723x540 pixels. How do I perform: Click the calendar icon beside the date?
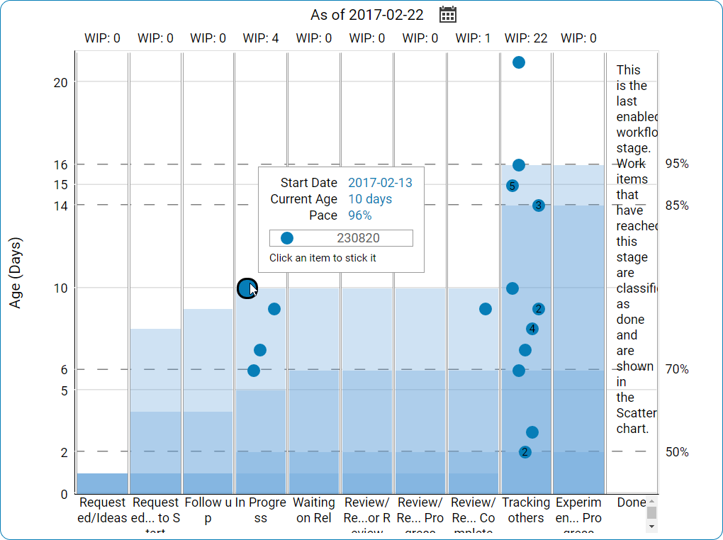pyautogui.click(x=448, y=14)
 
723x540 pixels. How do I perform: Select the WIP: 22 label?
pyautogui.click(x=526, y=38)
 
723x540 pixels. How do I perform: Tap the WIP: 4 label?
pyautogui.click(x=261, y=38)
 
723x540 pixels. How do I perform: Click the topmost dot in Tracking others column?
pyautogui.click(x=519, y=62)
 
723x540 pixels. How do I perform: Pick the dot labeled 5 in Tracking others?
pyautogui.click(x=512, y=186)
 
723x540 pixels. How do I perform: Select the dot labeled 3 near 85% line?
pyautogui.click(x=539, y=206)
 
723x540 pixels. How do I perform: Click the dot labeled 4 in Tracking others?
pyautogui.click(x=532, y=329)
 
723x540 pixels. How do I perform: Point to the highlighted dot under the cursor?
pyautogui.click(x=246, y=288)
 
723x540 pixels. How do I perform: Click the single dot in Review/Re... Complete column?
pyautogui.click(x=486, y=309)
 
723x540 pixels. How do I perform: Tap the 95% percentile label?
pyautogui.click(x=677, y=164)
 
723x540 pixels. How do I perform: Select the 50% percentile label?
pyautogui.click(x=677, y=452)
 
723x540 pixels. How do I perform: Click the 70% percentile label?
pyautogui.click(x=677, y=369)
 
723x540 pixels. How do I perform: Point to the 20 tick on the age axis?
pyautogui.click(x=60, y=82)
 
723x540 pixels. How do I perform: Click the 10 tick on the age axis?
pyautogui.click(x=60, y=288)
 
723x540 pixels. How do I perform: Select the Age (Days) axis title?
pyautogui.click(x=16, y=272)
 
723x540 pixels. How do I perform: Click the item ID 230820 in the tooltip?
pyautogui.click(x=357, y=238)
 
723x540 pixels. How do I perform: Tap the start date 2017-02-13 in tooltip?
pyautogui.click(x=380, y=183)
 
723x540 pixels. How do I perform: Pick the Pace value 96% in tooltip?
pyautogui.click(x=360, y=215)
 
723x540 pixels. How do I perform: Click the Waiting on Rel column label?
pyautogui.click(x=314, y=510)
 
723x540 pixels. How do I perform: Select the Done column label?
pyautogui.click(x=632, y=502)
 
